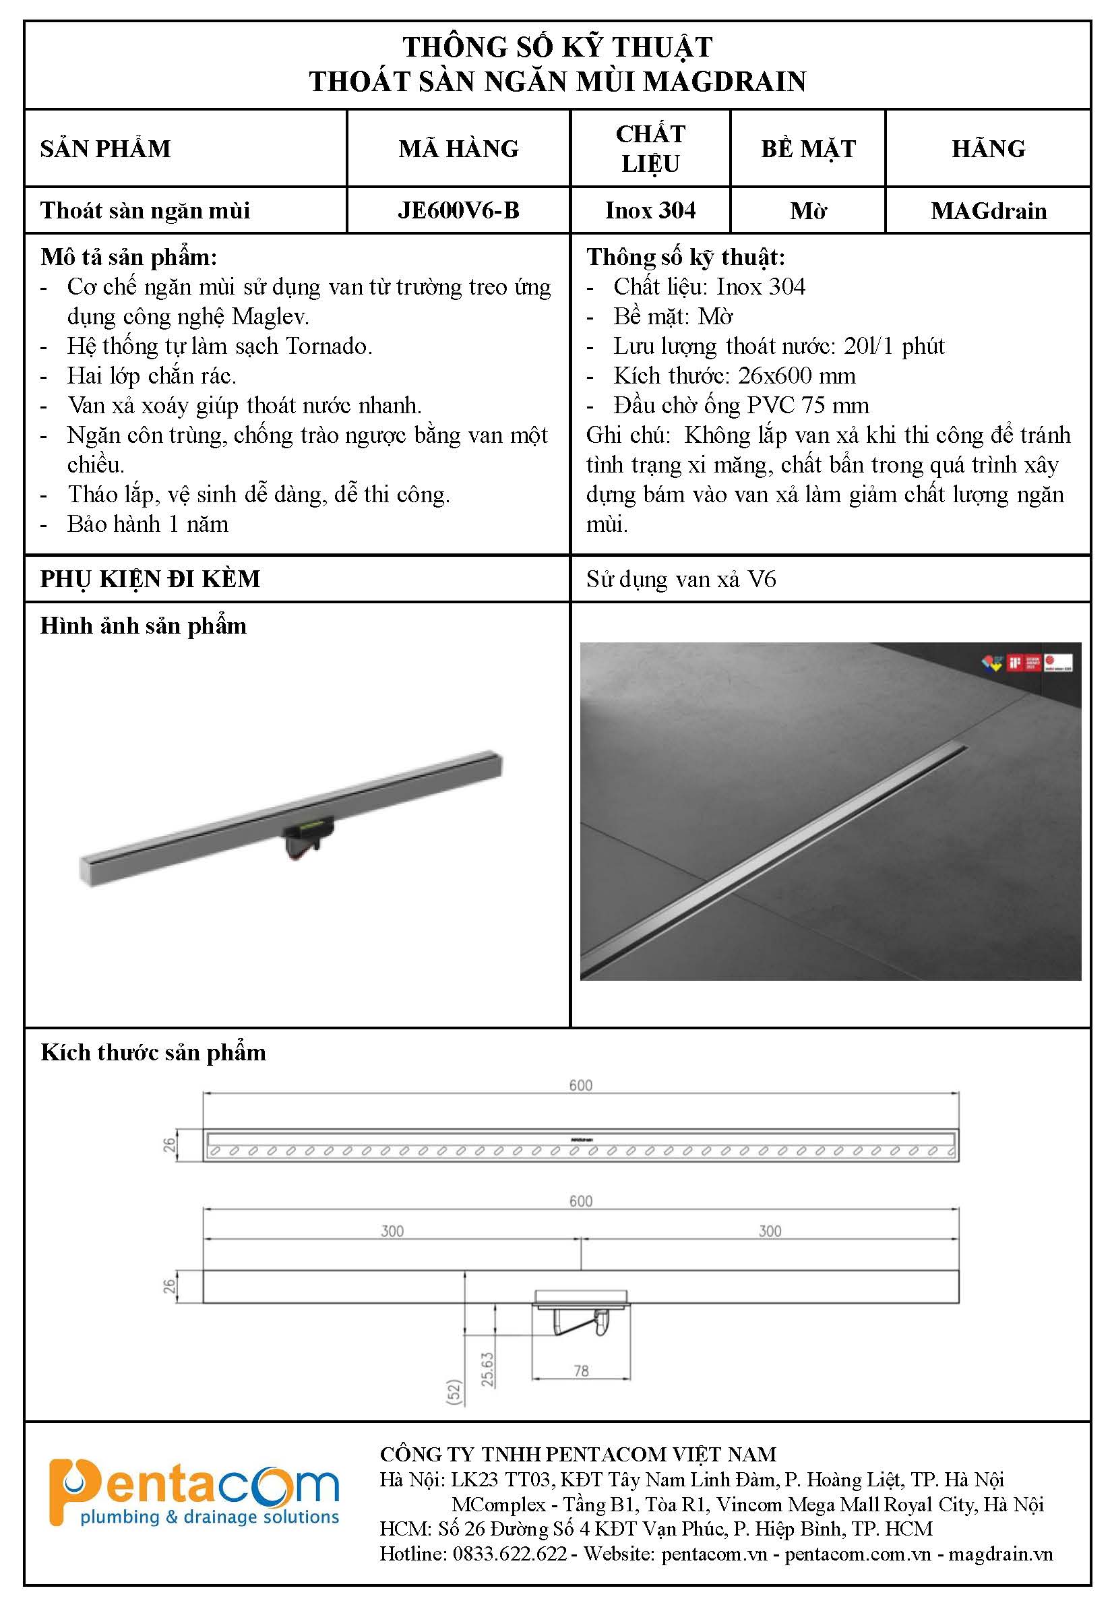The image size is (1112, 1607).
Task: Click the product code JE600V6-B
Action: tap(458, 210)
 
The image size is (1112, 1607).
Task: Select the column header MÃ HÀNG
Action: tap(458, 148)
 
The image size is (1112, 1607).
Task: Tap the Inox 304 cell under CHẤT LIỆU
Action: tap(650, 210)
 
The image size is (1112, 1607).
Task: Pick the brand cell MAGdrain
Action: tap(988, 210)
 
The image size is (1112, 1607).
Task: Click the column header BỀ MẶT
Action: tap(807, 148)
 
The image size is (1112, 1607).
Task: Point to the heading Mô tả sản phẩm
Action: tap(129, 257)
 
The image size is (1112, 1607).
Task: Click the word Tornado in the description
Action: tap(329, 346)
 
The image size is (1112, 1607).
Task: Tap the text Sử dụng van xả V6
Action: tap(681, 579)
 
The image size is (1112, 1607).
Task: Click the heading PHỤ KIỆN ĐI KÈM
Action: tap(150, 579)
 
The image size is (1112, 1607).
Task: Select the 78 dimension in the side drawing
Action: tap(581, 1371)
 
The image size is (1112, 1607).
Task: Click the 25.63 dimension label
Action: tap(487, 1368)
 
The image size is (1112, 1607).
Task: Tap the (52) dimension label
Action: tap(454, 1392)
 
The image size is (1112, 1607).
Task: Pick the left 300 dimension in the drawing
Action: tap(392, 1231)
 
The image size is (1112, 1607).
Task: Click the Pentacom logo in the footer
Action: tap(193, 1491)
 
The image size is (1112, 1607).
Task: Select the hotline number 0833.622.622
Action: tap(509, 1553)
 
